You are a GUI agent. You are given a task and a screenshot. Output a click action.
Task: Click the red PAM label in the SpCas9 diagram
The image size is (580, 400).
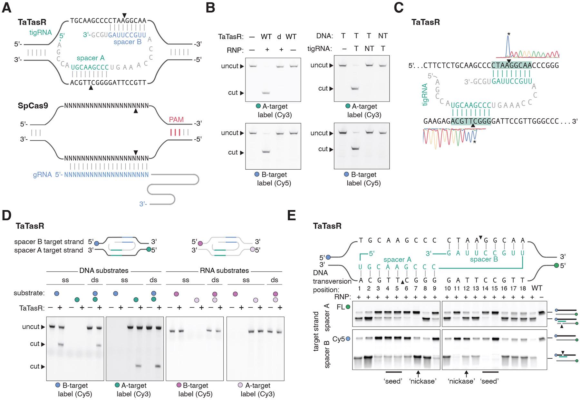(x=176, y=120)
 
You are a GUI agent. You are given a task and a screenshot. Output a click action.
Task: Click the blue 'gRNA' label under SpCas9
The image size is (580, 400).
(x=42, y=175)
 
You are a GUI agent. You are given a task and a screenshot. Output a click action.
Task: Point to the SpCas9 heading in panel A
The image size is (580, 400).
(x=33, y=105)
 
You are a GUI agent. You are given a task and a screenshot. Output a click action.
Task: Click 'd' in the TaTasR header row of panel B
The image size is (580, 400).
(x=279, y=36)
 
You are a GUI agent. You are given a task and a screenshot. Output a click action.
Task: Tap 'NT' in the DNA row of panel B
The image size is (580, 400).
(x=382, y=36)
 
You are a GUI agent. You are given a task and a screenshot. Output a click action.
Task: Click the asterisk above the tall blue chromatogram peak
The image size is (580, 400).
(x=508, y=34)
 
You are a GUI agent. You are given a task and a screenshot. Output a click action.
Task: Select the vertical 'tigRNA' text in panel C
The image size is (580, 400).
(x=425, y=95)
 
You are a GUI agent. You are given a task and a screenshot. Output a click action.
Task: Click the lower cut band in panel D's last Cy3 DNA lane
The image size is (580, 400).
(x=158, y=366)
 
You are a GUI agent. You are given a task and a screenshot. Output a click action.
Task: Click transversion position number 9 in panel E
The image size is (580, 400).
(x=434, y=290)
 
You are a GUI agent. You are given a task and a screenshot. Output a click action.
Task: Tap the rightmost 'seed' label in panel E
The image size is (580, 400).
(x=489, y=381)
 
